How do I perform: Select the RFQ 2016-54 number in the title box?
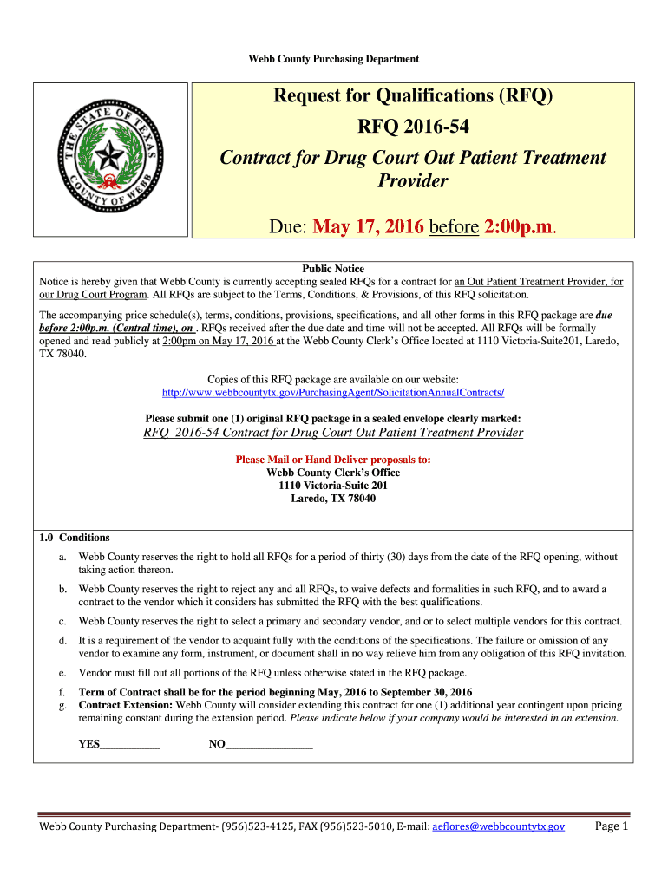click(x=413, y=127)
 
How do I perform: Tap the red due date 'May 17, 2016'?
click(x=369, y=227)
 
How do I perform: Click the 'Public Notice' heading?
click(x=334, y=269)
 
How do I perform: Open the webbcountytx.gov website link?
click(x=334, y=393)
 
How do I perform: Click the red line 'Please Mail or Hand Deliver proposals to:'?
click(x=334, y=460)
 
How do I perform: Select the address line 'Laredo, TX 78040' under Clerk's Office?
click(x=334, y=499)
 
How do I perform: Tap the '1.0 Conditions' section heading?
click(x=75, y=538)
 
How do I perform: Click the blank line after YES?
click(x=130, y=744)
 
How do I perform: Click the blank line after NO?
click(x=269, y=744)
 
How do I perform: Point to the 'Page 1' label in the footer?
click(x=611, y=826)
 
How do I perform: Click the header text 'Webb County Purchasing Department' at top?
click(x=334, y=59)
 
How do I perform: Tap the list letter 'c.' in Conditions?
click(x=62, y=621)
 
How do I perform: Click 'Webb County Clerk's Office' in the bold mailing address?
click(x=334, y=473)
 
